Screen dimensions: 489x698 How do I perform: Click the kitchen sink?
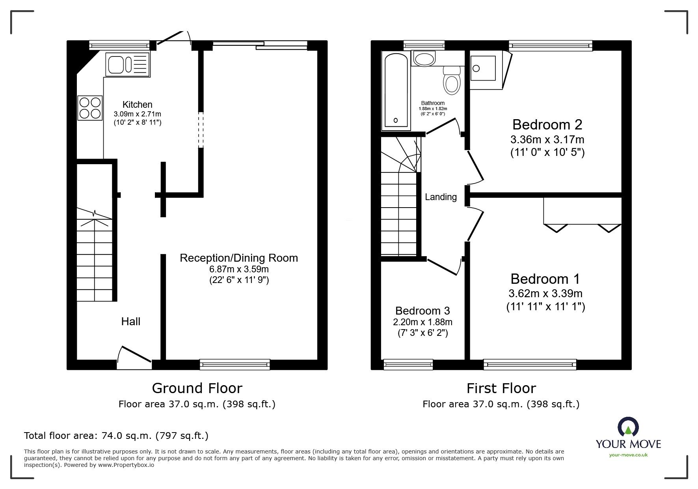127,65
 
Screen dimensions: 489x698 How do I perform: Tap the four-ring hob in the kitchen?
90,108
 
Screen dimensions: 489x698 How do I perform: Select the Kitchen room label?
137,105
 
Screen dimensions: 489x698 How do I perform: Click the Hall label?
130,321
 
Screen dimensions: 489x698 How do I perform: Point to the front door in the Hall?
135,354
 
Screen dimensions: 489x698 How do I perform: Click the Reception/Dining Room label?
238,258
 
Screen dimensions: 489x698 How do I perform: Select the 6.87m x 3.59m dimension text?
239,269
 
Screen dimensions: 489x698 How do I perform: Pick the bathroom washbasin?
424,59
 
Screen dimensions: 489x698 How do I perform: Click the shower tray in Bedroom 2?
484,68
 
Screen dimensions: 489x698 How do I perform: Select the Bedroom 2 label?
547,125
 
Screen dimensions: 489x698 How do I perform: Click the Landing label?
441,197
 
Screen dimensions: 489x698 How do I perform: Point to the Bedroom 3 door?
443,267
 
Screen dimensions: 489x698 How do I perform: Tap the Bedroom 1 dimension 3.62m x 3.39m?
545,293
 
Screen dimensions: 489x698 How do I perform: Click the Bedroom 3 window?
408,364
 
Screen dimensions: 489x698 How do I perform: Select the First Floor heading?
501,388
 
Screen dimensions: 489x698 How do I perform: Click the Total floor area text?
116,436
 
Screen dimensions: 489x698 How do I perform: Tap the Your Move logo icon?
628,427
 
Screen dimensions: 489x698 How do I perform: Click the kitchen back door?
172,37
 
